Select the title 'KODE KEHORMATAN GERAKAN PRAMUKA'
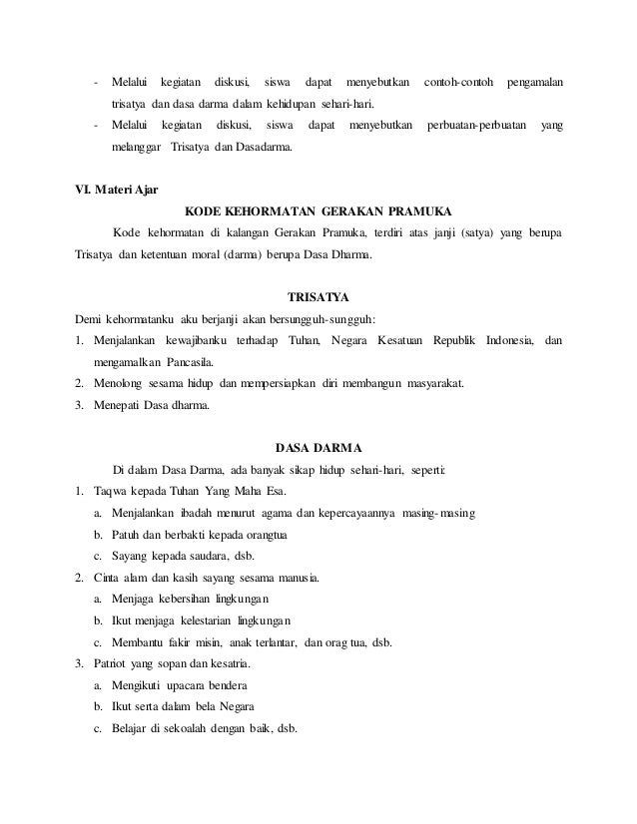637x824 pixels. click(318, 211)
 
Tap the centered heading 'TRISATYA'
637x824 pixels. click(318, 296)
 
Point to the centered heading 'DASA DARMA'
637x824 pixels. click(318, 446)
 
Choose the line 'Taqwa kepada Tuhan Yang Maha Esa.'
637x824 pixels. click(191, 491)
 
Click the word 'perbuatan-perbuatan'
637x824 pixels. click(473, 127)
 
